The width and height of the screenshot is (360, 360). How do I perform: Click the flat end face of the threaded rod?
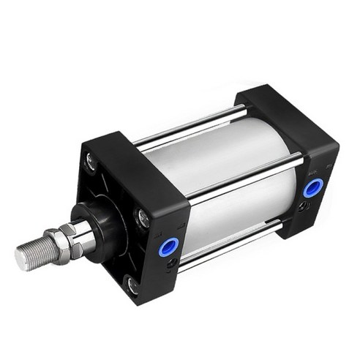pyautogui.click(x=20, y=258)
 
